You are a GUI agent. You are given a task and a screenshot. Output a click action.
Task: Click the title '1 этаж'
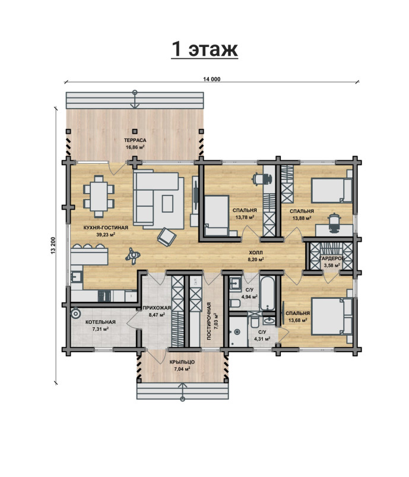[x=204, y=49]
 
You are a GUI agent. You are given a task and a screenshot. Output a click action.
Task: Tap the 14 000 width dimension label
[x=212, y=79]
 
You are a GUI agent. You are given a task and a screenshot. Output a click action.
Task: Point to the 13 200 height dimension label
[x=53, y=245]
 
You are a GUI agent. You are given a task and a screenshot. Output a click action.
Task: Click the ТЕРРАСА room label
[x=135, y=140]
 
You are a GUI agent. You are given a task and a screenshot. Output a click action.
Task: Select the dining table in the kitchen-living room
[x=99, y=197]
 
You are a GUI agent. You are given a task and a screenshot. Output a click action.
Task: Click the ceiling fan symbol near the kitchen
[x=132, y=256]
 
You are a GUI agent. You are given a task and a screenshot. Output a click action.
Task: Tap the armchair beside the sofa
[x=167, y=236]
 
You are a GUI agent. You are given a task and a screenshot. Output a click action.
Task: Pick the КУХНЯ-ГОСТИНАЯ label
[x=106, y=228]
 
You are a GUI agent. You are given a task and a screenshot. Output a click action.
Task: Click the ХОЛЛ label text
[x=255, y=253]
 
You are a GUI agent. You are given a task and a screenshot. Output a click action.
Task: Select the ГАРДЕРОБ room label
[x=332, y=258]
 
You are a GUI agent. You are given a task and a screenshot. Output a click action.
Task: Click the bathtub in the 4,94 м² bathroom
[x=268, y=293]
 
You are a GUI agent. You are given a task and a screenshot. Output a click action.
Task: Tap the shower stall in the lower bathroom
[x=239, y=332]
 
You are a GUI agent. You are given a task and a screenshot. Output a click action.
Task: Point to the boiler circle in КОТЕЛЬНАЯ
[x=75, y=313]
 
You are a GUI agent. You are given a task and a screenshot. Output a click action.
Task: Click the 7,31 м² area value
[x=100, y=329]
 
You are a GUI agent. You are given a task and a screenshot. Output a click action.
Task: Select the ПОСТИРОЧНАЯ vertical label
[x=209, y=321]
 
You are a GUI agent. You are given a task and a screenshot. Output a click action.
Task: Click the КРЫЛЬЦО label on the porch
[x=182, y=362]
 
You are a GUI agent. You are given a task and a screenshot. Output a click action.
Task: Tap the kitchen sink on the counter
[x=76, y=277]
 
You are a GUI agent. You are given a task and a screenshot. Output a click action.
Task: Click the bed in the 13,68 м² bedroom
[x=332, y=317]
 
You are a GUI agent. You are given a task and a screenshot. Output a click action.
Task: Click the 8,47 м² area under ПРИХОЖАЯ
[x=157, y=315]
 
